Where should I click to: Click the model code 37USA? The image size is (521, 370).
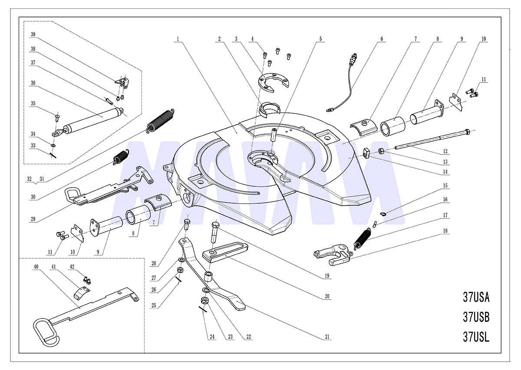(476, 297)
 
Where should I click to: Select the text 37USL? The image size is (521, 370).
(476, 337)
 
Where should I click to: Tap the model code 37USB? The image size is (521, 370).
(476, 317)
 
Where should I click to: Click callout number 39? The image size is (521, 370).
(33, 34)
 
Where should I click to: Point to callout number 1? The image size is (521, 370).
(178, 39)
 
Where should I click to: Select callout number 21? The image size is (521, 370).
(327, 337)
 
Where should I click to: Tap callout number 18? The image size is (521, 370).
(445, 231)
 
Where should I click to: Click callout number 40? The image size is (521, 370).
(36, 267)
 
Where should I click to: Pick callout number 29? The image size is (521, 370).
(33, 219)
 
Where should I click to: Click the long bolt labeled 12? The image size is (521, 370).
(432, 139)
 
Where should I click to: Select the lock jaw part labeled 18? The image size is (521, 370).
(332, 255)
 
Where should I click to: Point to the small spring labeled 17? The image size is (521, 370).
(362, 239)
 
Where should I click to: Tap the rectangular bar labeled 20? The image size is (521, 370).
(225, 252)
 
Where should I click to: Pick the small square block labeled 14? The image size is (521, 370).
(366, 153)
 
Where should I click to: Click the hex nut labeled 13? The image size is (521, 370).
(381, 151)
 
